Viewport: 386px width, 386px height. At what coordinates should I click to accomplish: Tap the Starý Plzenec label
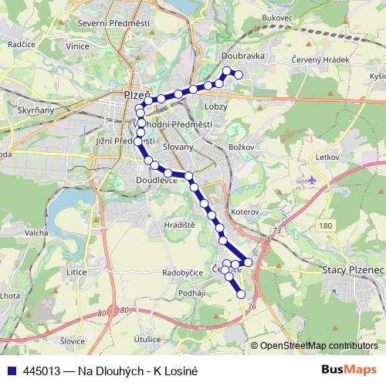[352, 271]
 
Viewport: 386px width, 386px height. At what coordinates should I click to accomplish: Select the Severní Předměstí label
[113, 24]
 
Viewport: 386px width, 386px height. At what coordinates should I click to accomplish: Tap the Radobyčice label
[182, 273]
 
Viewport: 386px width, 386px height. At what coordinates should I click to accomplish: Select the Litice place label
[77, 272]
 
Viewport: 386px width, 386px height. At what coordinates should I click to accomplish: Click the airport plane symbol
[311, 179]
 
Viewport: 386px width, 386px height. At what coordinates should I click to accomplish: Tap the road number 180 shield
[325, 225]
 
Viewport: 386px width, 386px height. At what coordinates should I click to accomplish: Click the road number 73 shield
[277, 230]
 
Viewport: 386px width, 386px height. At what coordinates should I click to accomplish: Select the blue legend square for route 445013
[12, 370]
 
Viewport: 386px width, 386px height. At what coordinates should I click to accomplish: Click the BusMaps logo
[350, 369]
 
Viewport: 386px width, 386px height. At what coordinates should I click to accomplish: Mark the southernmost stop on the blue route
[241, 293]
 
